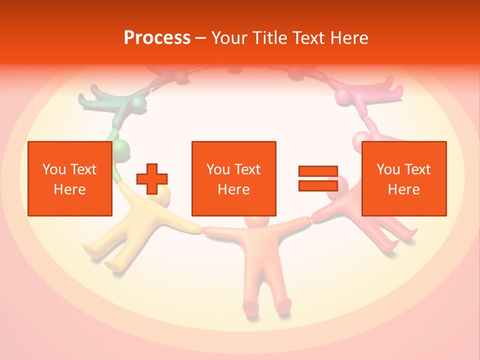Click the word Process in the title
(157, 38)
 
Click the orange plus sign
(152, 178)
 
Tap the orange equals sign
(318, 178)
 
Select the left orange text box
(70, 178)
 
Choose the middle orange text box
(233, 178)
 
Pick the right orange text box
(404, 178)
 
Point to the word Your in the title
(228, 38)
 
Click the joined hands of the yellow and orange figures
(201, 229)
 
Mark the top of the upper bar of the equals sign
(318, 167)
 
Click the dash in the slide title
(200, 38)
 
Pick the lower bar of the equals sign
(318, 185)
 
